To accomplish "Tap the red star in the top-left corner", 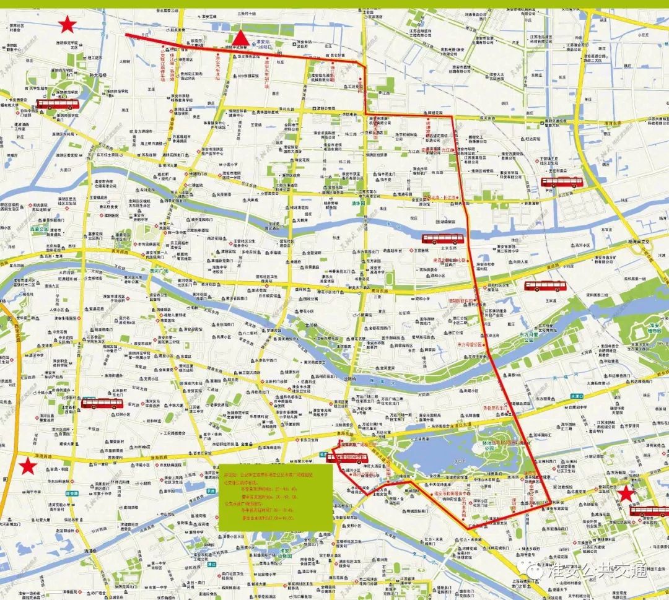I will coord(67,25).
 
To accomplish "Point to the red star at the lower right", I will coord(627,493).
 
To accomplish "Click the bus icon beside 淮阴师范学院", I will coord(58,105).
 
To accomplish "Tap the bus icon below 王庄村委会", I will coord(562,182).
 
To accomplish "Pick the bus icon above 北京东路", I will coord(443,238).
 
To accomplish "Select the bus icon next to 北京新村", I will coord(102,403).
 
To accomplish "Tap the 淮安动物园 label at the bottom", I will coord(286,552).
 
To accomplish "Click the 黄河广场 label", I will coord(159,271).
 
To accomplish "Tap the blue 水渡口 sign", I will coord(577,395).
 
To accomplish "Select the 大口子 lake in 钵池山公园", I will coord(459,460).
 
